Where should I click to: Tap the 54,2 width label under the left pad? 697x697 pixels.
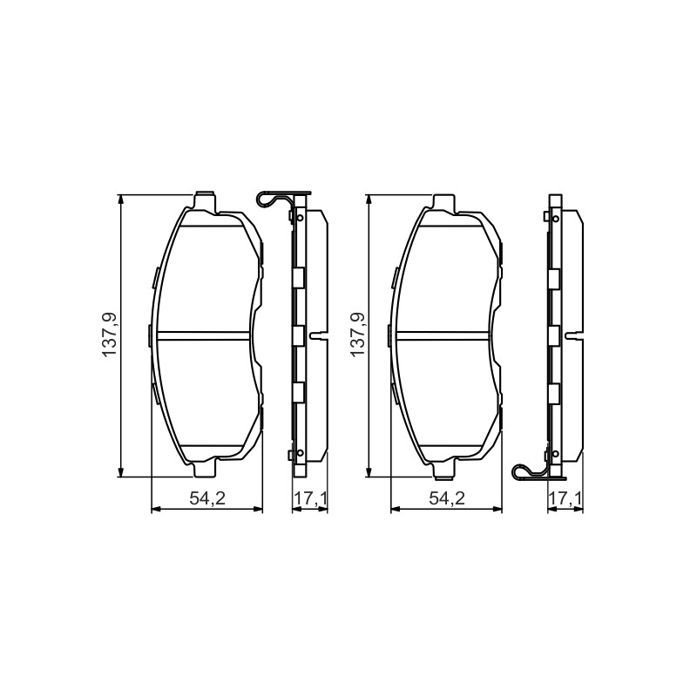pos(207,498)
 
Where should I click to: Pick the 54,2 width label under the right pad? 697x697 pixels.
pos(447,498)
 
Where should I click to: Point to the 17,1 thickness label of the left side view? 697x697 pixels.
pos(311,498)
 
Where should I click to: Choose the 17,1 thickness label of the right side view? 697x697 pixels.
pos(565,498)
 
